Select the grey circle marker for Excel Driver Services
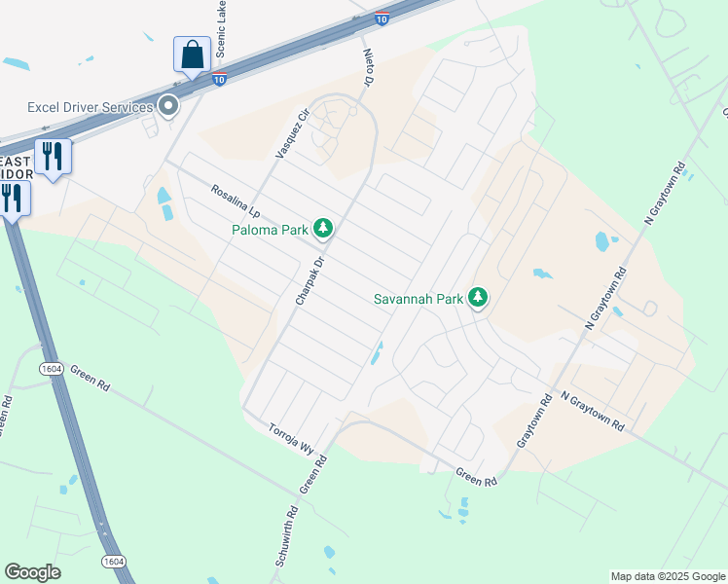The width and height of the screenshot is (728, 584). pyautogui.click(x=168, y=106)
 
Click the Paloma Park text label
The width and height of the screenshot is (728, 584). pyautogui.click(x=270, y=230)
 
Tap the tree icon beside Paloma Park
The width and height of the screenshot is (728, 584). pyautogui.click(x=323, y=230)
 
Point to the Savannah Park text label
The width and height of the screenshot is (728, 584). pyautogui.click(x=419, y=299)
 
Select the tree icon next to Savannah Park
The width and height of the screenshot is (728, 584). pyautogui.click(x=477, y=298)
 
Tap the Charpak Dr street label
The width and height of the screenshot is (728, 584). pyautogui.click(x=309, y=281)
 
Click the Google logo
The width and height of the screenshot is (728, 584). pyautogui.click(x=32, y=572)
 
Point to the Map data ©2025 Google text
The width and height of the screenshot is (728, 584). pyautogui.click(x=668, y=576)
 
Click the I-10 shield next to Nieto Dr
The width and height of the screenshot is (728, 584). pyautogui.click(x=382, y=18)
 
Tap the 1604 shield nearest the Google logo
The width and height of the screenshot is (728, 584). pyautogui.click(x=113, y=562)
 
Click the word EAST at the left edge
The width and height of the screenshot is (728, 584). pyautogui.click(x=15, y=161)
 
